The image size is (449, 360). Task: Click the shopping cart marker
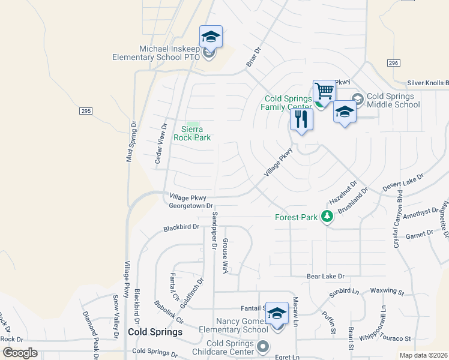(x=324, y=91)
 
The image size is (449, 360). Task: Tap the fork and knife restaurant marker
(x=301, y=119)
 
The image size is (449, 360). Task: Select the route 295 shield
(x=85, y=111)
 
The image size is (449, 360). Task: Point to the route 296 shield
(x=393, y=63)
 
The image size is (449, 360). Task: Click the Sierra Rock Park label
(x=192, y=133)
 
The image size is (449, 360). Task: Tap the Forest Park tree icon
(x=327, y=217)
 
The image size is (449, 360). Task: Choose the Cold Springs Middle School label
(x=393, y=100)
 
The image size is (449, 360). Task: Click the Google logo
(x=20, y=353)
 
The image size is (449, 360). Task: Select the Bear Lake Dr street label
(x=325, y=277)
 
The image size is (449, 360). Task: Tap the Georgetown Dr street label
(x=191, y=206)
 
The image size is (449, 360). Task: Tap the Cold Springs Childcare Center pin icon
(x=263, y=346)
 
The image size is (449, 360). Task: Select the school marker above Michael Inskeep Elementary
(x=211, y=37)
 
